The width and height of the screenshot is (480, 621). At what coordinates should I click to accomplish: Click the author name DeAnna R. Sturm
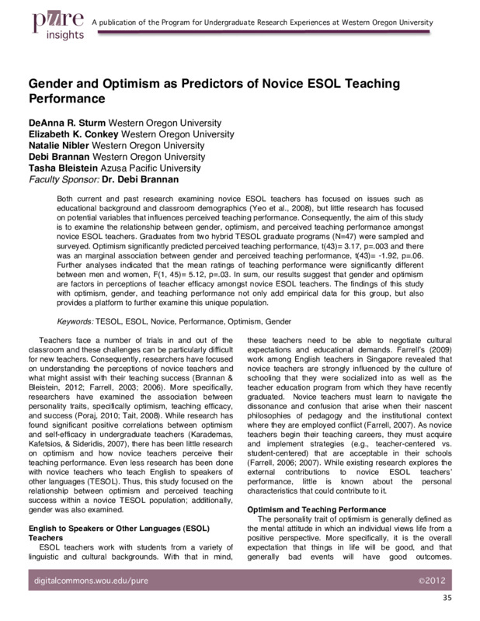[x=67, y=123]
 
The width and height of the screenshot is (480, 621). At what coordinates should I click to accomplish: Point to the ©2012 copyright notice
[x=430, y=581]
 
